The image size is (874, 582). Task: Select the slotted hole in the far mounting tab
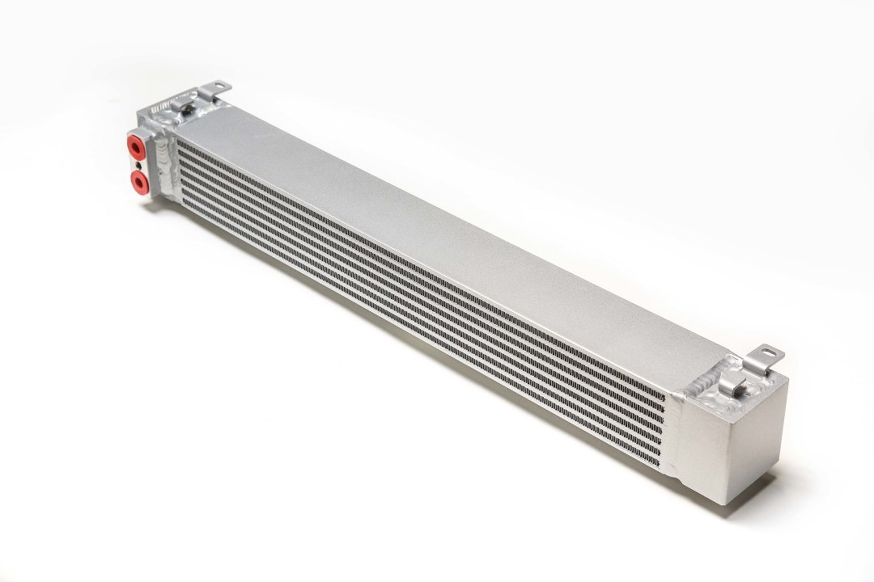221,84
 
